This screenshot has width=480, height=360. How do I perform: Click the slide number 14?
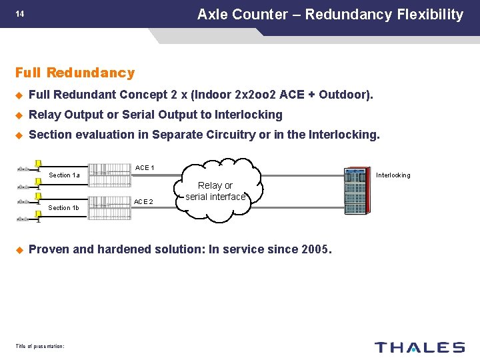20,13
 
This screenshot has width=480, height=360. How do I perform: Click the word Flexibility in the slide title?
430,14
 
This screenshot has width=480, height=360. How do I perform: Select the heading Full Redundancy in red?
75,73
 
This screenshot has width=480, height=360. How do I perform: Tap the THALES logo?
419,347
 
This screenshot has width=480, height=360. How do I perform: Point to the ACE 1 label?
145,167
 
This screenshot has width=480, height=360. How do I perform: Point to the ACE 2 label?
143,201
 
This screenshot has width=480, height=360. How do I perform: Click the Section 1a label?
65,175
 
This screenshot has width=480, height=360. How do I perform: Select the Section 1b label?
65,208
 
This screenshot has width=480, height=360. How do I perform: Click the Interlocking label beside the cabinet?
393,175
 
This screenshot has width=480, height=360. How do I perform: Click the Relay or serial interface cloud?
215,191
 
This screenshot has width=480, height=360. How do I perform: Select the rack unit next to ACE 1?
110,173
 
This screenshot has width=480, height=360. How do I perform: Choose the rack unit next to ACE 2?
110,203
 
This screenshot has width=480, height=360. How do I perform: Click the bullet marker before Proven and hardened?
19,250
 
